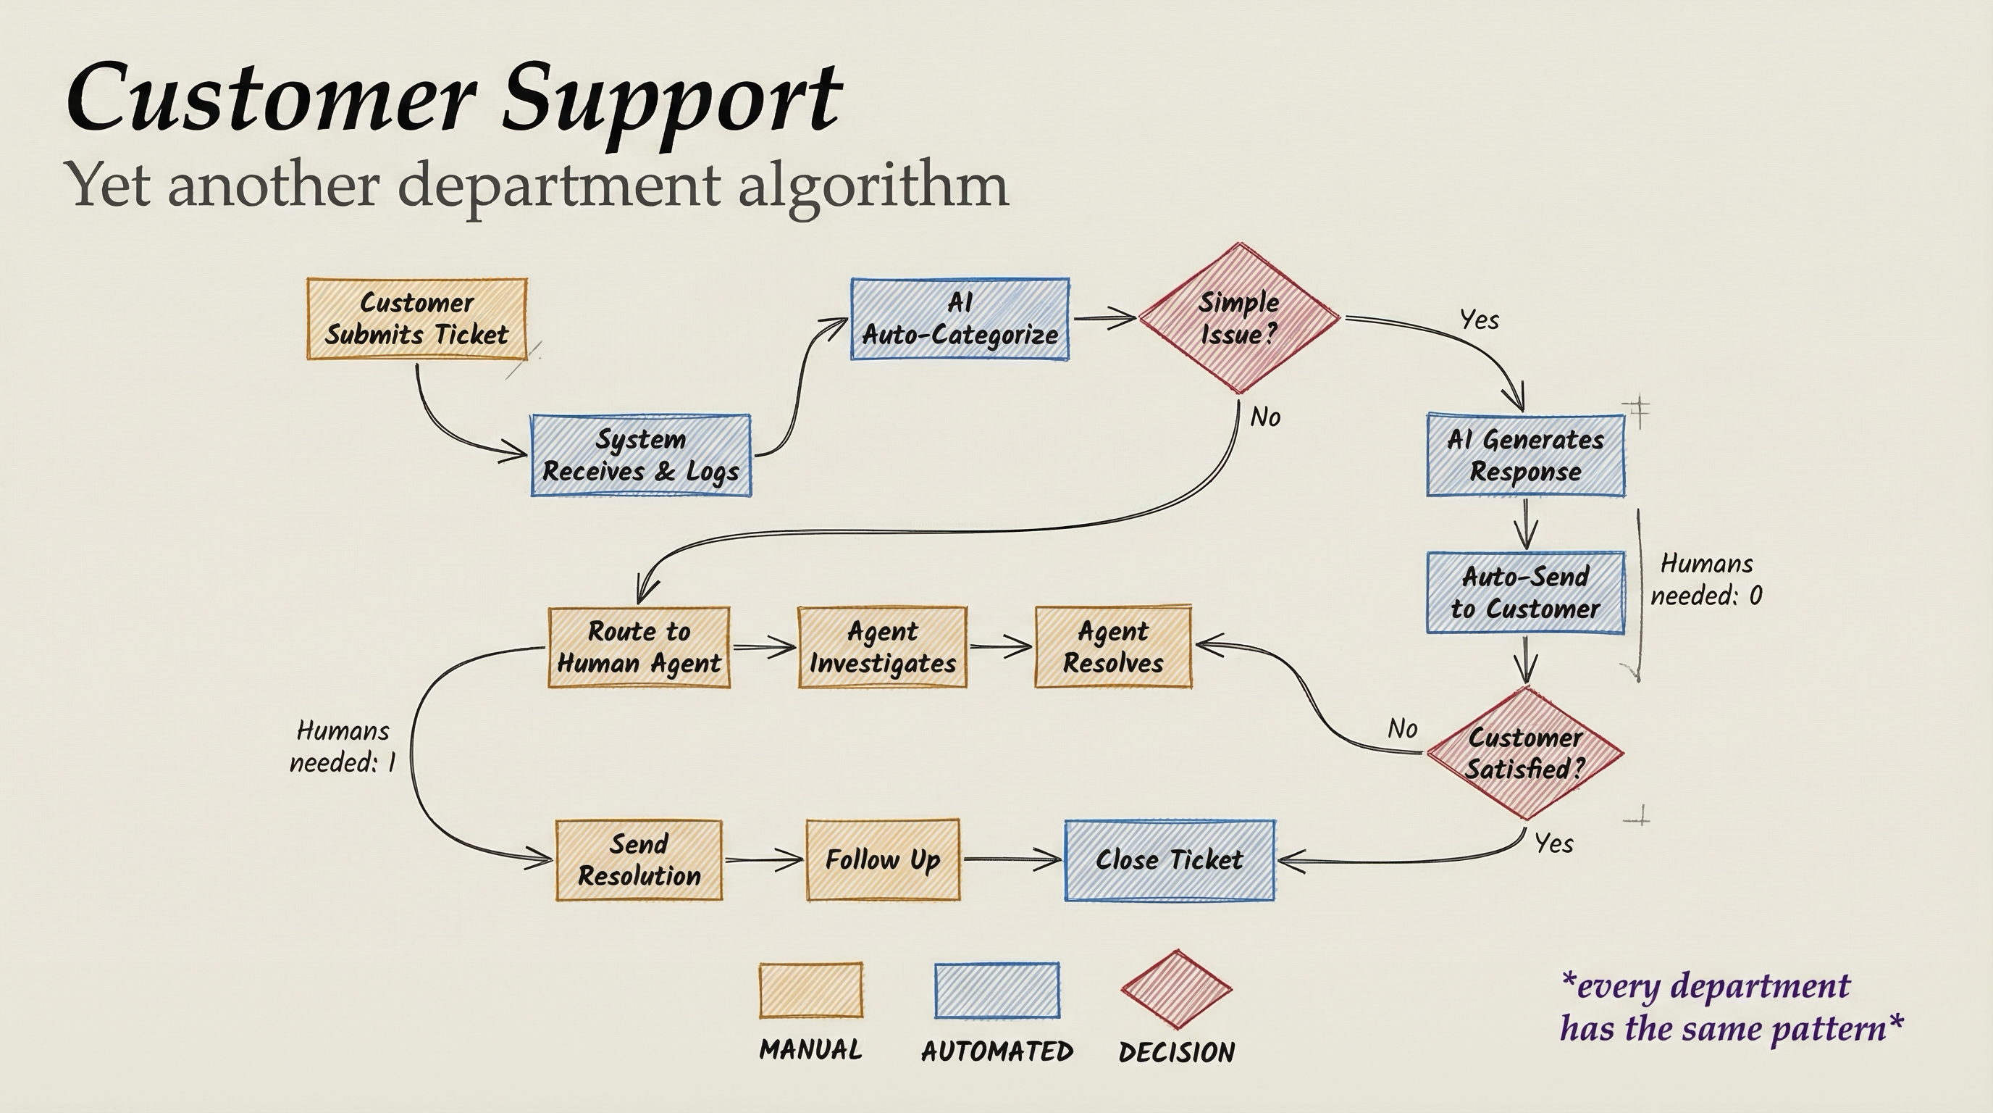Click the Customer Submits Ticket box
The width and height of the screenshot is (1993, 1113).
point(416,318)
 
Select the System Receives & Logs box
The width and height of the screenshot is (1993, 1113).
point(641,455)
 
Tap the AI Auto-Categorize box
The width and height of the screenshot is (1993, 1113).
point(960,318)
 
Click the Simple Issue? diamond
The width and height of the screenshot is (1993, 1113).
point(1238,318)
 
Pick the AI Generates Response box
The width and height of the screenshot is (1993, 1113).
point(1525,455)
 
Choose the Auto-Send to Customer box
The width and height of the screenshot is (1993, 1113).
point(1525,592)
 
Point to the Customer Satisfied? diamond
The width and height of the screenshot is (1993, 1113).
point(1524,753)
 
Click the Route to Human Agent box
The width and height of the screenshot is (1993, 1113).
point(638,647)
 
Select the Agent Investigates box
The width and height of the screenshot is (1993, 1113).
point(882,647)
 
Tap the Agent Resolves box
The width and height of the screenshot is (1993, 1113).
point(1112,647)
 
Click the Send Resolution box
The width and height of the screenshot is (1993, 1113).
point(638,859)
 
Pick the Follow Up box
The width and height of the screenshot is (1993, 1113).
point(882,859)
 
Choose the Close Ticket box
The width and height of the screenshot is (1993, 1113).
point(1169,859)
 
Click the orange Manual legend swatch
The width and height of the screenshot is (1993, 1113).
point(810,989)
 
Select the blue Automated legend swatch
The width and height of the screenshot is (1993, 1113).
point(996,989)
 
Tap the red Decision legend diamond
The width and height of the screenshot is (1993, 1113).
point(1176,989)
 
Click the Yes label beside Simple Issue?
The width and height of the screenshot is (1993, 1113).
point(1479,320)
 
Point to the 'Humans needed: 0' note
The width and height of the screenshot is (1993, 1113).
point(1706,579)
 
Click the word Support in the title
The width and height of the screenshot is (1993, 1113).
point(671,99)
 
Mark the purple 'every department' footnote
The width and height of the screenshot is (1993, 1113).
point(1730,1007)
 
